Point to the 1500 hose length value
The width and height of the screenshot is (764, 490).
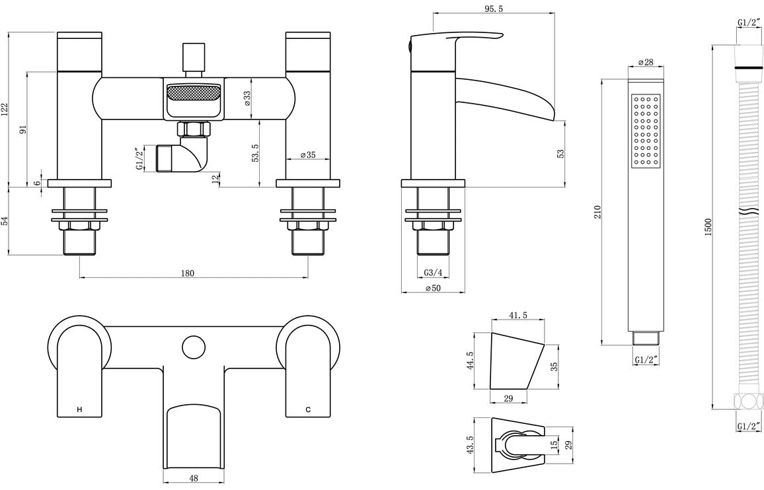point(708,228)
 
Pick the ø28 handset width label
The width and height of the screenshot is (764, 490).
point(645,62)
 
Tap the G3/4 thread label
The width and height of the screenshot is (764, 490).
point(433,273)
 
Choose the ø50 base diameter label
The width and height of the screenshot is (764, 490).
point(433,288)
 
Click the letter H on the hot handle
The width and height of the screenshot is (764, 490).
point(80,410)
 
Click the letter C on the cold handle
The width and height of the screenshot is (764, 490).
point(308,410)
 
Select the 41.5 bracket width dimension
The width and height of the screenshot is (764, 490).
point(519,316)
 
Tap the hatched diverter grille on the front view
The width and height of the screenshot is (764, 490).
point(192,91)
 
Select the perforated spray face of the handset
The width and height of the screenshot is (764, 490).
point(646,130)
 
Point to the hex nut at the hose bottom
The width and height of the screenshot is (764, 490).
point(746,400)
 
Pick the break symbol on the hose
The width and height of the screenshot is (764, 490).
point(747,213)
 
